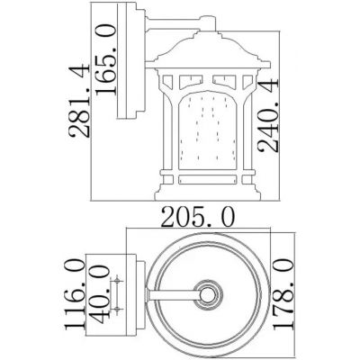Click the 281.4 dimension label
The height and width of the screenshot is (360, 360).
[79, 101]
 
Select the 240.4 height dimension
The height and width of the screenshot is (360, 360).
[268, 115]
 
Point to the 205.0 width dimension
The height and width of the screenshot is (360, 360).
[198, 217]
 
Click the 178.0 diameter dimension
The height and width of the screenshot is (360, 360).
[283, 294]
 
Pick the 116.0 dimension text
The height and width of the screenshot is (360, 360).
[75, 295]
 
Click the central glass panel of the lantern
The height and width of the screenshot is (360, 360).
[207, 132]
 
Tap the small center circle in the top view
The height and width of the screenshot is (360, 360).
[208, 294]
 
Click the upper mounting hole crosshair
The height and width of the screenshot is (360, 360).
[117, 281]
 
